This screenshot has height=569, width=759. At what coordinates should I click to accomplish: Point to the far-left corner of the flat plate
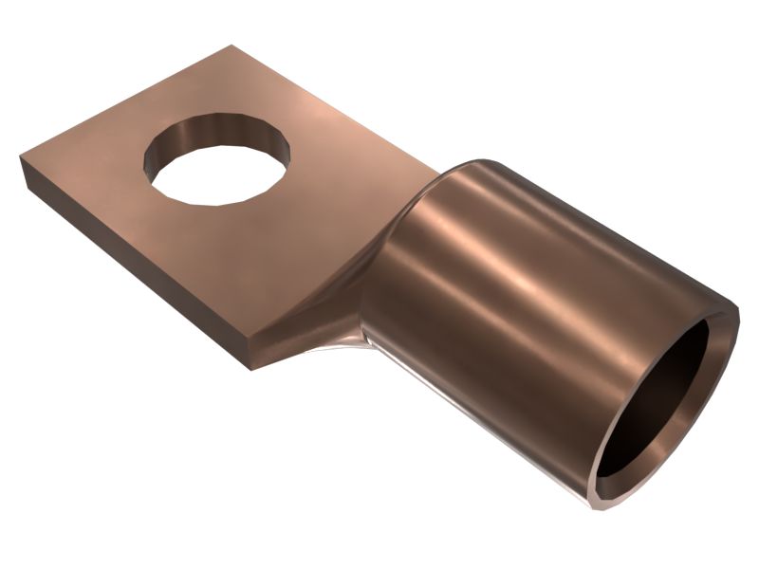(20, 159)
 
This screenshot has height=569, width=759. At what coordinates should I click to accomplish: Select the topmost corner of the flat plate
(231, 46)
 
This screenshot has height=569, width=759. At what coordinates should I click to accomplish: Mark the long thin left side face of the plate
(133, 270)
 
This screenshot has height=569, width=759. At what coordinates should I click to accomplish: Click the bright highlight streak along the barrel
(531, 284)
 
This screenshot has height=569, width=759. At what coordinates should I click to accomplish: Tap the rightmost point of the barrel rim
(739, 308)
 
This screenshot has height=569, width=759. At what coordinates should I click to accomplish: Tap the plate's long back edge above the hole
(313, 95)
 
